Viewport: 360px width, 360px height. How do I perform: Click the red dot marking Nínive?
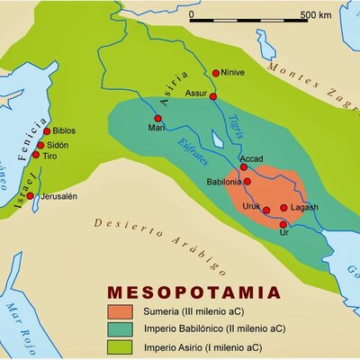point(216,73)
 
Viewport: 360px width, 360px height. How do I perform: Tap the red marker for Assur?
point(213,95)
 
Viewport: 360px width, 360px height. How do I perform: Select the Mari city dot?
point(158,118)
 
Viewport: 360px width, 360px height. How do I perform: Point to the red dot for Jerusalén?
point(30,195)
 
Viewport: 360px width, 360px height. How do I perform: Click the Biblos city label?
point(65,130)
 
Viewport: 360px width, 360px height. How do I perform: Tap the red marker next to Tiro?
point(36,155)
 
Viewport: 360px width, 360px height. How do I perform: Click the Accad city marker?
point(243,166)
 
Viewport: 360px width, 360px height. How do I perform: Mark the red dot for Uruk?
point(266,210)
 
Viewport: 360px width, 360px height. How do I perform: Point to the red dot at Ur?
point(284,221)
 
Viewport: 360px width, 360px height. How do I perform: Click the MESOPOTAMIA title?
point(193,292)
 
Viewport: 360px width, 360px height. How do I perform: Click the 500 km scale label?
point(315,14)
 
